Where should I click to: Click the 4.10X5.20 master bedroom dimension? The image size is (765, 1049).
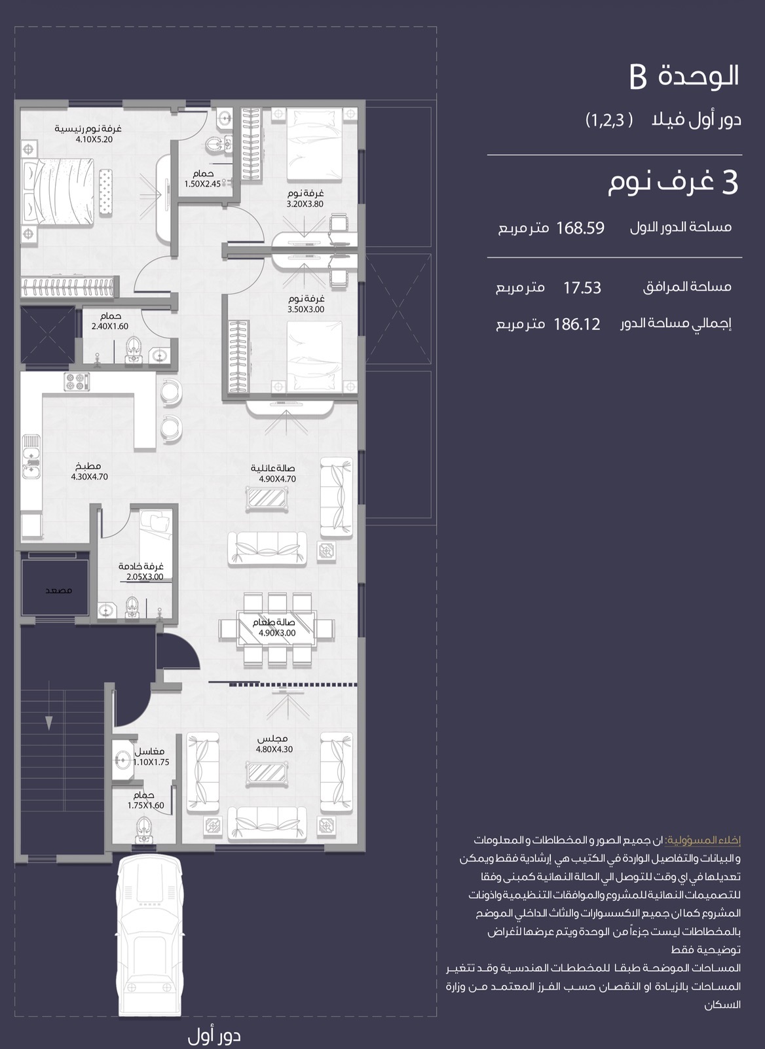(x=94, y=139)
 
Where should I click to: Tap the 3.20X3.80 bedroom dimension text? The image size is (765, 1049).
(x=305, y=204)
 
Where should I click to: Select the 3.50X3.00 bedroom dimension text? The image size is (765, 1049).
(x=306, y=310)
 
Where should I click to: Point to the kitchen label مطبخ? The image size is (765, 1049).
(x=88, y=466)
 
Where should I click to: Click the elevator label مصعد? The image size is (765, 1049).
(x=58, y=590)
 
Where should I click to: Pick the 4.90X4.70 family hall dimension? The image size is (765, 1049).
(x=278, y=479)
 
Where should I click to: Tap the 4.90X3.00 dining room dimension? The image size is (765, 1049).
(x=277, y=633)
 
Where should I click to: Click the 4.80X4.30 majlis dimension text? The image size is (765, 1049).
(x=274, y=749)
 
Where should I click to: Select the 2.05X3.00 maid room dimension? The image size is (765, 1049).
(x=145, y=577)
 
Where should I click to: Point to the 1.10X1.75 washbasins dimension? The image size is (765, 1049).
(x=151, y=762)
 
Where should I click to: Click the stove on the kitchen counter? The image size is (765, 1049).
(x=77, y=382)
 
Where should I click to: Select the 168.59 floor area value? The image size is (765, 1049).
(x=580, y=228)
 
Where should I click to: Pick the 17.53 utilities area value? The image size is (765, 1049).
(x=582, y=287)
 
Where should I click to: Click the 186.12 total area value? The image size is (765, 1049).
(x=576, y=324)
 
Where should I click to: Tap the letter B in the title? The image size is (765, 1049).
(x=638, y=77)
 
